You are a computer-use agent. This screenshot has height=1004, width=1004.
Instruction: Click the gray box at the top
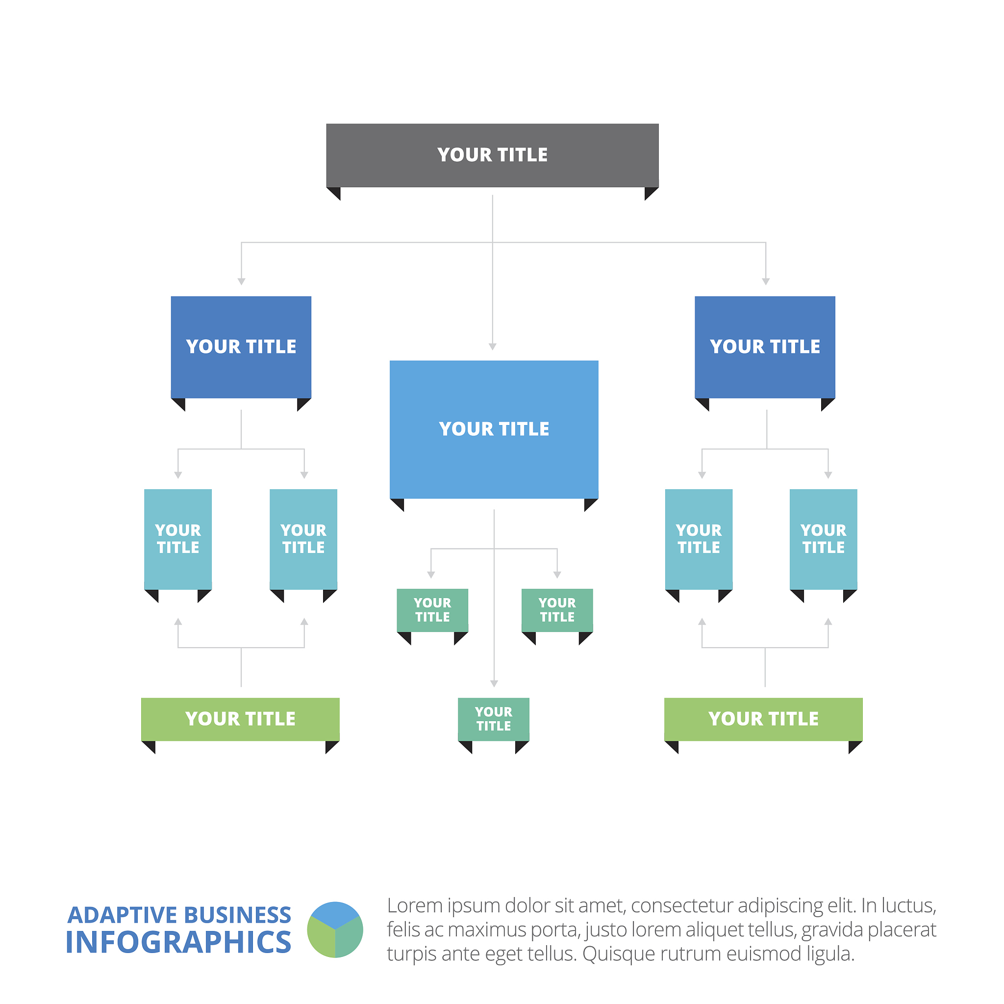point(492,155)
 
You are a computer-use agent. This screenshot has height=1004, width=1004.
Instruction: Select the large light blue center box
point(494,429)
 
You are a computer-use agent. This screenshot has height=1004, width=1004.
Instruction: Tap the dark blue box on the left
point(241,347)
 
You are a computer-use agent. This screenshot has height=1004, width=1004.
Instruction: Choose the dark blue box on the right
point(765,347)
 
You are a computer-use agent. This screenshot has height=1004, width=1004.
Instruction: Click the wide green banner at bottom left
point(240,719)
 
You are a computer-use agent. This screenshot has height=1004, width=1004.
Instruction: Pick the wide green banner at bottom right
point(763,719)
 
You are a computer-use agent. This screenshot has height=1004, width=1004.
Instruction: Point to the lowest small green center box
point(494,719)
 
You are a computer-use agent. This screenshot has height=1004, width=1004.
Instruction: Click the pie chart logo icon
point(335,929)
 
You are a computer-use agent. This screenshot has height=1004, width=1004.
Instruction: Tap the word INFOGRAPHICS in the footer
point(178,943)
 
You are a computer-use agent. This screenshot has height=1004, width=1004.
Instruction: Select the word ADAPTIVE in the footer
point(123,915)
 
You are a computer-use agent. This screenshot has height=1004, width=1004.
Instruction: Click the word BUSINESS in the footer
point(237,915)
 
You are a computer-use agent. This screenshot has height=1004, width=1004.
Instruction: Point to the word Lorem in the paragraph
point(414,906)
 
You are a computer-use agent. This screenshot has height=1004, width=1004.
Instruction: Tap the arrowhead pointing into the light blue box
point(493,347)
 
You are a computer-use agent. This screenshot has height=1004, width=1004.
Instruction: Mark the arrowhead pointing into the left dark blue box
point(241,282)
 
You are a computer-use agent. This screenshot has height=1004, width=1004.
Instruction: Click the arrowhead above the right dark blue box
point(765,282)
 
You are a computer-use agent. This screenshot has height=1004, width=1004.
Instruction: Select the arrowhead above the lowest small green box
point(494,684)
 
